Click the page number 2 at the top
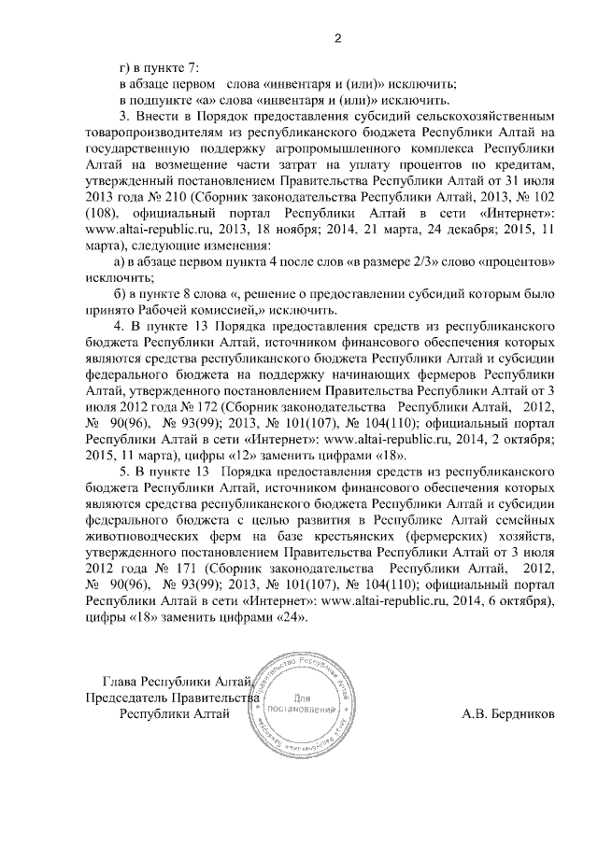[x=338, y=37]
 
